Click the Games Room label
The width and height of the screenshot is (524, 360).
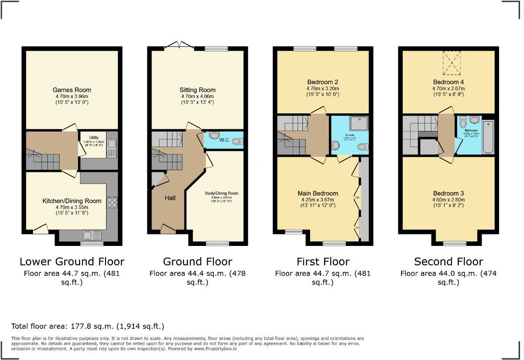(72, 90)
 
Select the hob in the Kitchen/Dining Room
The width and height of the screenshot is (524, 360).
(112, 202)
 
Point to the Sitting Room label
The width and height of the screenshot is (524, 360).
(197, 90)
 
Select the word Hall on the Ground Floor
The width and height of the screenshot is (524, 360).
(170, 197)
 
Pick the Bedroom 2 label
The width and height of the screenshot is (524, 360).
(323, 82)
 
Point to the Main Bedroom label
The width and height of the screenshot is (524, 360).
(318, 193)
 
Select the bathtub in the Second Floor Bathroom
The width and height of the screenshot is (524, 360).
(488, 137)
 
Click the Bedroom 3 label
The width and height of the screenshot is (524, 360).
(448, 193)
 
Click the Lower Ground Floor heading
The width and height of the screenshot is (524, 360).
(72, 262)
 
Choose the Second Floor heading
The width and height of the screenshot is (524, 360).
(449, 262)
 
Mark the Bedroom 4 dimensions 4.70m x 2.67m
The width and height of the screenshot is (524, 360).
(448, 89)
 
